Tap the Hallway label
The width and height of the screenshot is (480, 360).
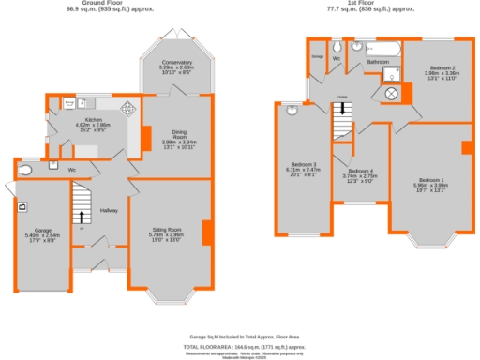(109, 209)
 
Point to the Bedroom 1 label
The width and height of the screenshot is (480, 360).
(432, 183)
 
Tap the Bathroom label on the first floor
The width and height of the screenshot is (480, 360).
(378, 62)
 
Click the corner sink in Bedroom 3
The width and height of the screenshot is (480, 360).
(292, 110)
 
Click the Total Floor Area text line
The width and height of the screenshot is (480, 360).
(240, 345)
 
